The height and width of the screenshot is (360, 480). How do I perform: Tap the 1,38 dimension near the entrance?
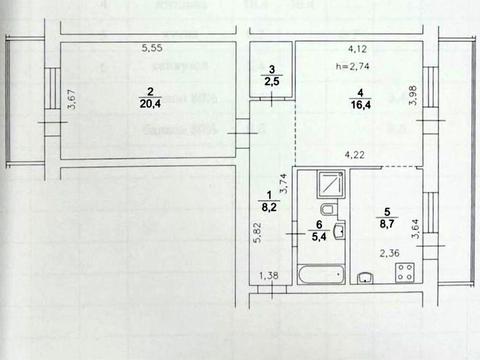tap(270, 276)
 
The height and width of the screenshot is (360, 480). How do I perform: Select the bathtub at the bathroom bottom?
tap(316, 275)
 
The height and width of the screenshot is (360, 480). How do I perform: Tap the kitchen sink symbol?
tap(367, 278)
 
